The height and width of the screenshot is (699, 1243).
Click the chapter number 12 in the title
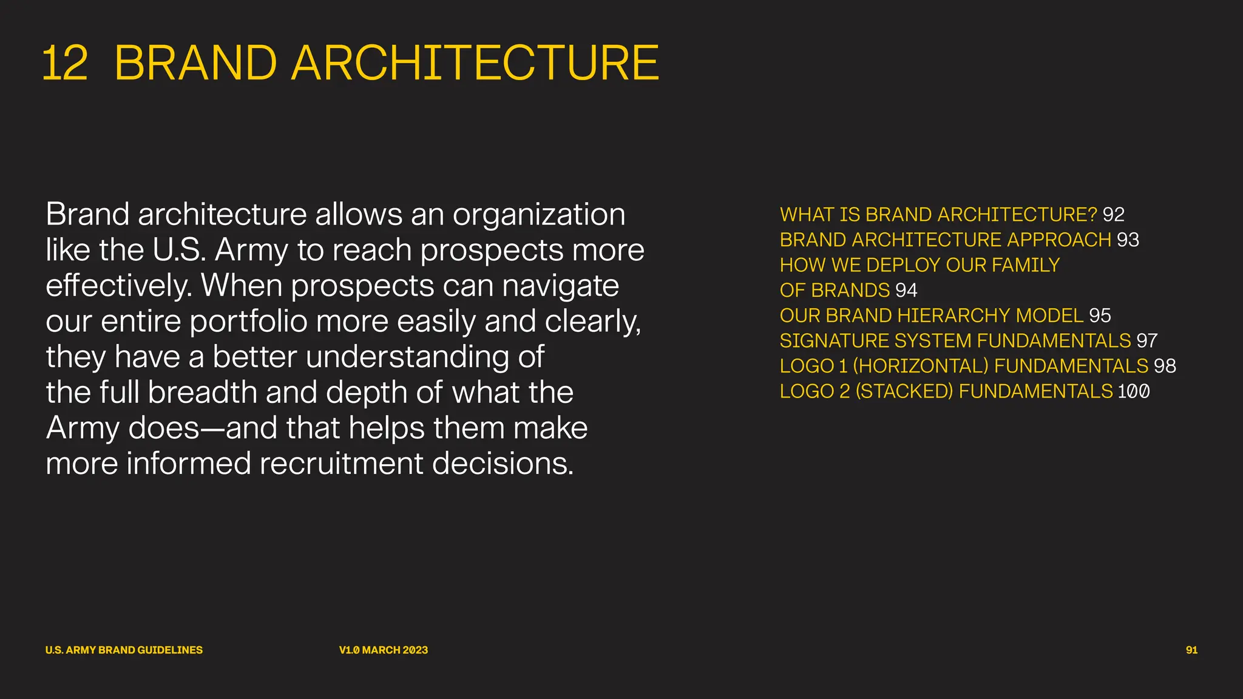[x=65, y=63]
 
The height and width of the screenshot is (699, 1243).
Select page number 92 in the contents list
[x=1113, y=215]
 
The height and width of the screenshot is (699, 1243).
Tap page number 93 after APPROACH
[x=1128, y=240]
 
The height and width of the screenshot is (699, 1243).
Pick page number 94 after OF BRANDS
[x=906, y=291]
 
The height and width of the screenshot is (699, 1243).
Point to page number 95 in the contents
[x=1100, y=316]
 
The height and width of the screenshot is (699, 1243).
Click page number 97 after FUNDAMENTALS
[x=1146, y=341]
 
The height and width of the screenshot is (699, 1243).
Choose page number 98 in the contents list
[x=1165, y=366]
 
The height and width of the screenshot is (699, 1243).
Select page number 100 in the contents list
[x=1134, y=391]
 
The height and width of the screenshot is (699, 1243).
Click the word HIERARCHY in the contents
[x=953, y=316]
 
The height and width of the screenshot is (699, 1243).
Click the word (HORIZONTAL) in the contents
[x=921, y=366]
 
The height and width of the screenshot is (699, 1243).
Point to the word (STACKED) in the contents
[x=904, y=391]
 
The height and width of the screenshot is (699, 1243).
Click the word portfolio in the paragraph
[x=248, y=322]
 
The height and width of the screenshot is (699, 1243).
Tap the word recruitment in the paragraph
[x=341, y=464]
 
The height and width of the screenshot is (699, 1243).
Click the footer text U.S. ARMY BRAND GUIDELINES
[x=124, y=650]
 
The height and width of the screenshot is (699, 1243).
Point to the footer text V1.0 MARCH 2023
[x=384, y=650]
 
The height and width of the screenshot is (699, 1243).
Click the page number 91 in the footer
[x=1191, y=650]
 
